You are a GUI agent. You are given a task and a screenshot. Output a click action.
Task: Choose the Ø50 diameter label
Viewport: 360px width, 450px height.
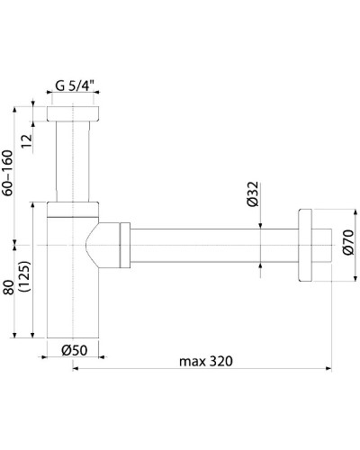[x=73, y=351]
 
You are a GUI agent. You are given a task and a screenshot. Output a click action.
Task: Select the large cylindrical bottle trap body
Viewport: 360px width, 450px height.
[x=72, y=288]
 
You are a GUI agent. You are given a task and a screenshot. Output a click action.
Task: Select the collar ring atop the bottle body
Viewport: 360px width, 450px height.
[x=72, y=209]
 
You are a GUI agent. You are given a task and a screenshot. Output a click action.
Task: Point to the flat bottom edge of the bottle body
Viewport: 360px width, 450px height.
[x=72, y=336]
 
